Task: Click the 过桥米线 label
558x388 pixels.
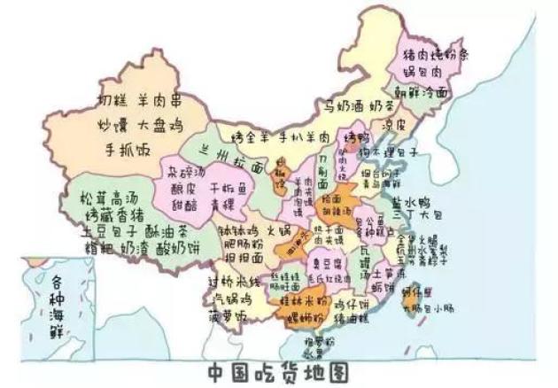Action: [233, 282]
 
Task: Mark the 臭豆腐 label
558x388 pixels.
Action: [328, 263]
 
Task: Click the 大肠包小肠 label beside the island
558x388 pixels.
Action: [430, 308]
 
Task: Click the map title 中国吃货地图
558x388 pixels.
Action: [278, 369]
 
